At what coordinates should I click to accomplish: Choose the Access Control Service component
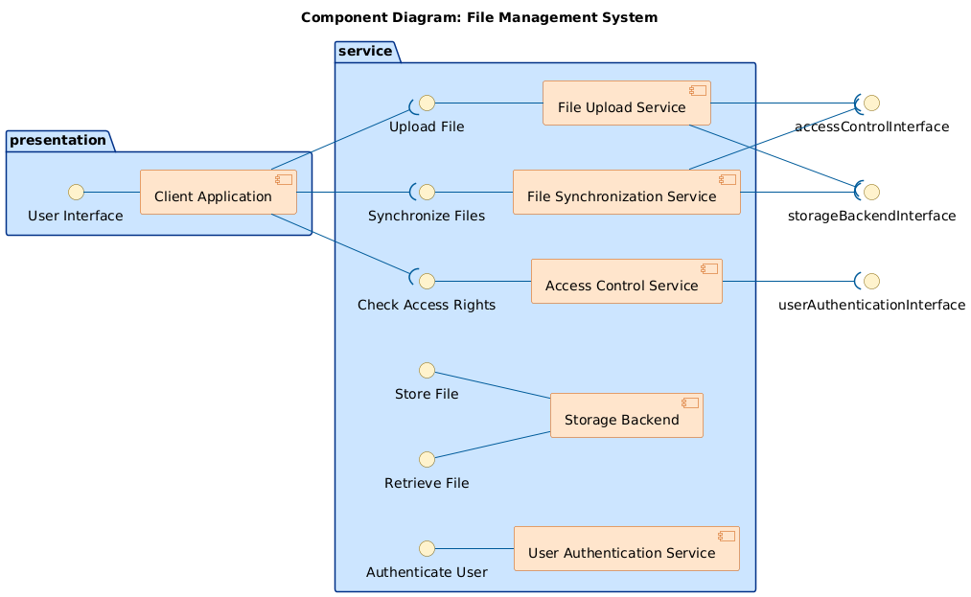point(626,281)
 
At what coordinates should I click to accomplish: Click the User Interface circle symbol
point(76,192)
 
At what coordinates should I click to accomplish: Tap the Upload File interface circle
point(428,103)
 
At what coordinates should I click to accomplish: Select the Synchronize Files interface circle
point(428,192)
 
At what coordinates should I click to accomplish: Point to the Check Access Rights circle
point(428,281)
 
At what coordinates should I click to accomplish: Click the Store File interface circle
point(428,370)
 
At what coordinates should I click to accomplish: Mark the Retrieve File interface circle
point(428,459)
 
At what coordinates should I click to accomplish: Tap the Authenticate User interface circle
point(428,548)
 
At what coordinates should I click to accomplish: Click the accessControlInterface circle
point(871,103)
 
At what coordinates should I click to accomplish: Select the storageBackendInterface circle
point(871,192)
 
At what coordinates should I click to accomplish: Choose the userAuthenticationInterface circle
point(871,281)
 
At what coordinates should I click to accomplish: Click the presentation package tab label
point(58,141)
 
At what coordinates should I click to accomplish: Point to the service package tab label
point(365,51)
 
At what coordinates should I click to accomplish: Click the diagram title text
point(479,17)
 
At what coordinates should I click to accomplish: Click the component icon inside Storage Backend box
point(690,402)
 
